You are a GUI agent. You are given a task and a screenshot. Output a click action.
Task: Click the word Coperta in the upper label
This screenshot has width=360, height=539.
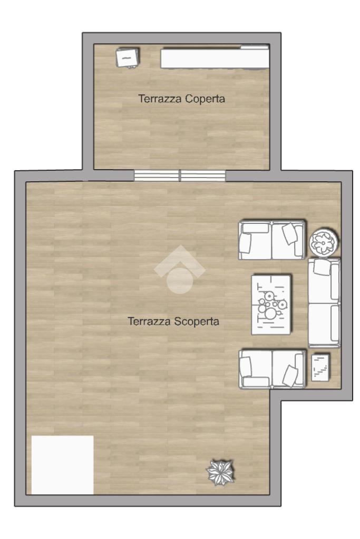pyautogui.click(x=205, y=99)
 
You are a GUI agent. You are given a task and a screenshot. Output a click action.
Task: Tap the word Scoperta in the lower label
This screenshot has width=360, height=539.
pyautogui.click(x=197, y=321)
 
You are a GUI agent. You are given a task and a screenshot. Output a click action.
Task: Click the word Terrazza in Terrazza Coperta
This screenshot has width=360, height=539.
pyautogui.click(x=160, y=99)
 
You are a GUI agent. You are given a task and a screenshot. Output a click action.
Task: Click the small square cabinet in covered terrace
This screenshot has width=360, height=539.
pyautogui.click(x=128, y=57)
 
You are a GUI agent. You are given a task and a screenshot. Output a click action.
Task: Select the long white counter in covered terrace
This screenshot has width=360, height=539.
pyautogui.click(x=215, y=57)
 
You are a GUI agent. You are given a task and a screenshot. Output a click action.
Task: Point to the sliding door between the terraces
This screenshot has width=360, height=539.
pyautogui.click(x=180, y=175)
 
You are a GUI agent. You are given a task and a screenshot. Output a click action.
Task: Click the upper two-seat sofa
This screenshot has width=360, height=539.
pyautogui.click(x=271, y=240)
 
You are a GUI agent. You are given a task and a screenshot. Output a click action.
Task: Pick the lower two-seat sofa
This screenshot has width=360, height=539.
pyautogui.click(x=272, y=369)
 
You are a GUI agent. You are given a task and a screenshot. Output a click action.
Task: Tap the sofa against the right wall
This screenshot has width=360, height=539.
pyautogui.click(x=324, y=303)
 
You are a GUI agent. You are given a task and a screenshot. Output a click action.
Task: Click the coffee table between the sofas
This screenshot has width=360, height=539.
pyautogui.click(x=271, y=305)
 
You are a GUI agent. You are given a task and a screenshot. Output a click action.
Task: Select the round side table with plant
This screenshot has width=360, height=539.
pyautogui.click(x=324, y=242)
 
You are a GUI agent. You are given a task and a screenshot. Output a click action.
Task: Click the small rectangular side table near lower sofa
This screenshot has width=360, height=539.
pyautogui.click(x=320, y=367)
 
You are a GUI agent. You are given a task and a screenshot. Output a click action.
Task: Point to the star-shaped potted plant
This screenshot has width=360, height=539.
pyautogui.click(x=220, y=473)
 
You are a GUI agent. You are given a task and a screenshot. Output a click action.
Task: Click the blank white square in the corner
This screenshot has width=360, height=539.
pyautogui.click(x=63, y=465)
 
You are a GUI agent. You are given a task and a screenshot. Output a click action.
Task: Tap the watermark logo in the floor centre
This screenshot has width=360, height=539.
pyautogui.click(x=180, y=269)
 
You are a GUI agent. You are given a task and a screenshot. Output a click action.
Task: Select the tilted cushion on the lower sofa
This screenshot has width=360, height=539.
pyautogui.click(x=290, y=376)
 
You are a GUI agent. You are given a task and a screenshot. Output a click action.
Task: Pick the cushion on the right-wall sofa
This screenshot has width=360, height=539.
pyautogui.click(x=322, y=267)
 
